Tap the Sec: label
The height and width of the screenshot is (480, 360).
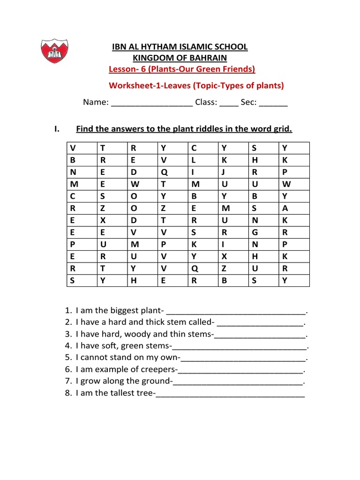click(248, 103)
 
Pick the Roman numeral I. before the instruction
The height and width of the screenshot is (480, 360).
click(57, 129)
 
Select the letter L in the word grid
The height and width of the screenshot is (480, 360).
click(193, 159)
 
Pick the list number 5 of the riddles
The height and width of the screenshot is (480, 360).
click(68, 358)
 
